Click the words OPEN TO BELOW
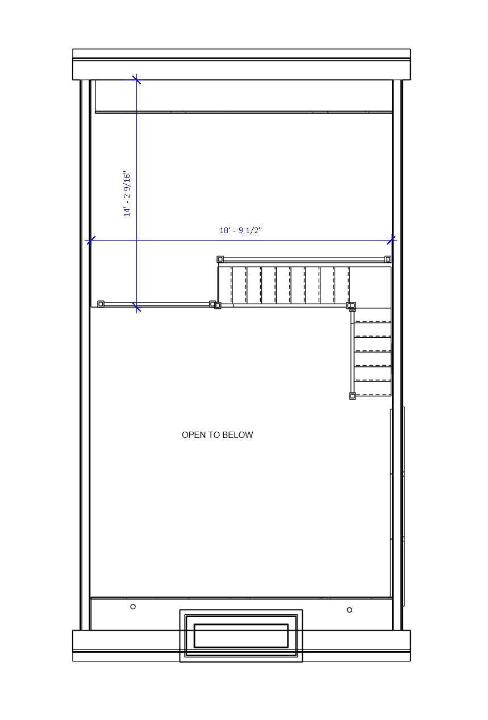tap(218, 435)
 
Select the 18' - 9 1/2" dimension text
tap(241, 230)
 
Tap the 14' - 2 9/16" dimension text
tap(127, 194)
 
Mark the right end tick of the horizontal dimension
tap(391, 240)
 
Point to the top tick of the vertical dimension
tap(136, 80)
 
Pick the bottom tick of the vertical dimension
tap(136, 307)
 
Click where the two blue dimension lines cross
tap(136, 241)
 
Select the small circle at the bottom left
tap(133, 607)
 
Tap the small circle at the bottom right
tap(349, 610)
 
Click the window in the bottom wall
tap(241, 635)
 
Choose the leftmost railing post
tap(101, 304)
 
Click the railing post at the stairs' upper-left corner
tap(220, 259)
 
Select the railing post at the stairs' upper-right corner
tap(387, 259)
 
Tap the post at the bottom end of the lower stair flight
tap(352, 396)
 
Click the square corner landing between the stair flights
tap(370, 287)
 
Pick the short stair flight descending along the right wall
tap(373, 351)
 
